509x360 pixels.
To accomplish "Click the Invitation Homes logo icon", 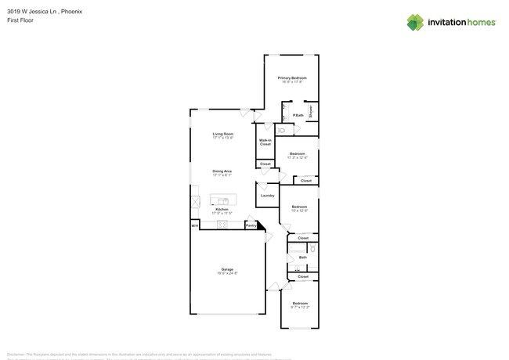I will coord(415,22).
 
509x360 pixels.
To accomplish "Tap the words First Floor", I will coord(20,22).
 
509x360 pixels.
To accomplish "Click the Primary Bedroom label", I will coord(292,78).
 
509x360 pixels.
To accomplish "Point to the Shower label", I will coord(311,111).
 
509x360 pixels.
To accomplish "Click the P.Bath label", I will coord(298,115).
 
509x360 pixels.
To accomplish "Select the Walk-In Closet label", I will coord(265,142).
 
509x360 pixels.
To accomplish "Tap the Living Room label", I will coord(223,134).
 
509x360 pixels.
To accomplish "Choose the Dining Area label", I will coord(222,171).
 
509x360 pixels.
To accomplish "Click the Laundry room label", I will coord(267,195).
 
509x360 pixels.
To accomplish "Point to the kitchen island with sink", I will coord(223,198).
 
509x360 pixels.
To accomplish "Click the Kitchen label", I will coord(222,209).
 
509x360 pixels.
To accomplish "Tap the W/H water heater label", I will coord(194,225).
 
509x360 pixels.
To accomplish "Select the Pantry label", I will coord(251,225).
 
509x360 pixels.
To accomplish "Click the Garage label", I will coord(227,269).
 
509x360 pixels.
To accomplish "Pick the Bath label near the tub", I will coord(302,257).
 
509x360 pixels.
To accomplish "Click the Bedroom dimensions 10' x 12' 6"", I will coord(300,211).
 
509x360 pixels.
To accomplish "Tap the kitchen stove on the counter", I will coord(222,225).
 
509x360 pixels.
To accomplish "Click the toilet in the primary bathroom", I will coord(282,130).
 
